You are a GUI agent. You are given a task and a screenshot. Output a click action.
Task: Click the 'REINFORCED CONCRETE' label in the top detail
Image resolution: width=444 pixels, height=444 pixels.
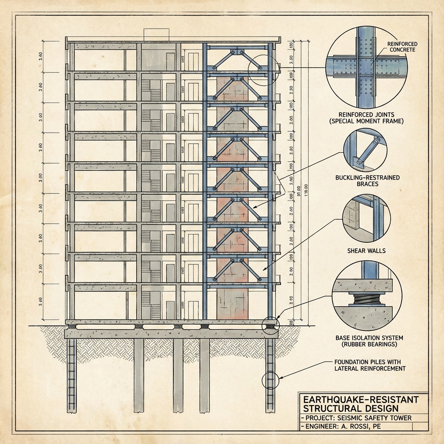pos(402,46)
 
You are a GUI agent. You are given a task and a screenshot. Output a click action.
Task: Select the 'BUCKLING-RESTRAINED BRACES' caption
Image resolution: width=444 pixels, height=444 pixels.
pos(367,181)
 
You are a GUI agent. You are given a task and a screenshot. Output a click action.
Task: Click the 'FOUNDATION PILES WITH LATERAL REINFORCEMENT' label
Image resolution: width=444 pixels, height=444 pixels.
pos(370,365)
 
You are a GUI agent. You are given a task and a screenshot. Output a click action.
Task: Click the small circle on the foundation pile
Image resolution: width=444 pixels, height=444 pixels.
pos(271,380)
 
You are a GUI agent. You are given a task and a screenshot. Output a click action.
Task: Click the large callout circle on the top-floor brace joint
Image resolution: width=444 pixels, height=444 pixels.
pos(261,69)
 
